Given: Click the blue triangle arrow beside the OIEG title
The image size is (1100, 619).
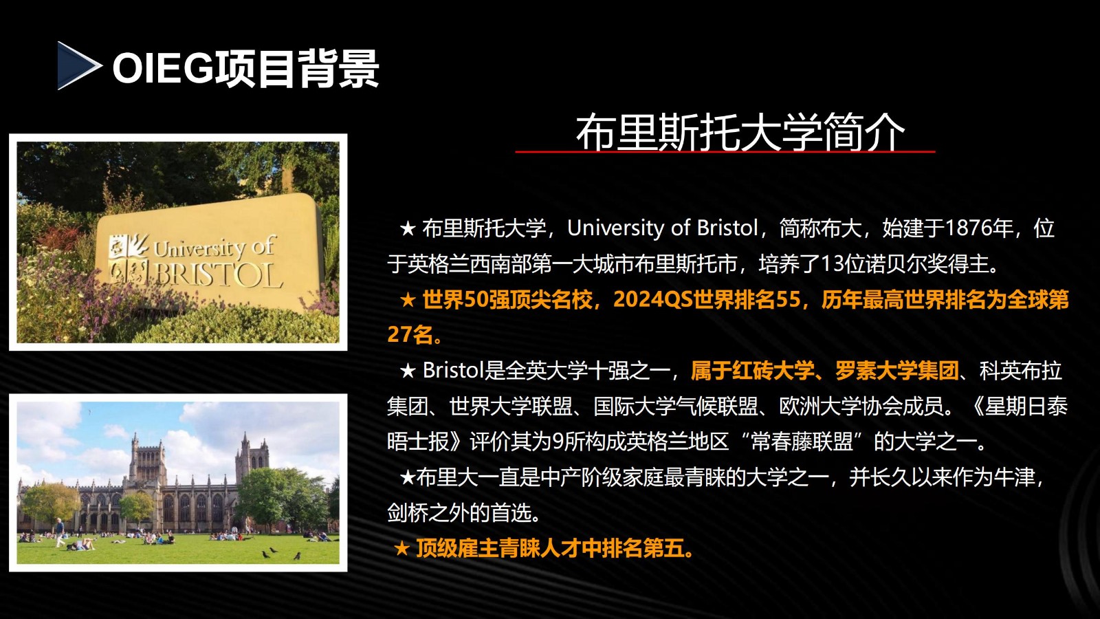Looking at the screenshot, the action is (x=78, y=65).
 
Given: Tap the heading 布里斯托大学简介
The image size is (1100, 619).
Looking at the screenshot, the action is (x=740, y=132).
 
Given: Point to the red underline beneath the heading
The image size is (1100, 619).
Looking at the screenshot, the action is (x=725, y=152).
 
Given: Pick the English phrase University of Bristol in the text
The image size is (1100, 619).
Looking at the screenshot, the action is (x=663, y=228).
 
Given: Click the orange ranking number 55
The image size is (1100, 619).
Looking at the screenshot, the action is (x=788, y=299).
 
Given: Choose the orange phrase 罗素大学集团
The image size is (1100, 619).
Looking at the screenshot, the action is (x=897, y=371).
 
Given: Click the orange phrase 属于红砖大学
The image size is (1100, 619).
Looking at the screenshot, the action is (x=752, y=371).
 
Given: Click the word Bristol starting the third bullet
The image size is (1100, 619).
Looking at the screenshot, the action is (x=453, y=371).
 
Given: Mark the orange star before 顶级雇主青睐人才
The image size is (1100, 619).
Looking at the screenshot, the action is (x=401, y=549).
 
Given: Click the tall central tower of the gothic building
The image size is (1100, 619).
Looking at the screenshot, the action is (x=147, y=464).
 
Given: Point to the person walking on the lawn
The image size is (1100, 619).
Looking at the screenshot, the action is (x=60, y=532).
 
